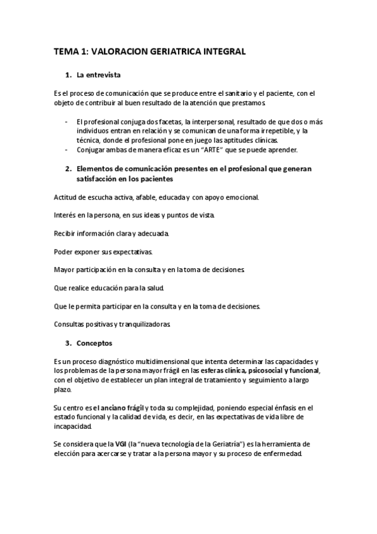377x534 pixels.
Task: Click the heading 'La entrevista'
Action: click(99, 75)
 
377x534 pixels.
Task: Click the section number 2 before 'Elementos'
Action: click(67, 169)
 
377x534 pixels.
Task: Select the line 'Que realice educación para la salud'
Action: click(110, 288)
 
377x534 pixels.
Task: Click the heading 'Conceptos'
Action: click(94, 344)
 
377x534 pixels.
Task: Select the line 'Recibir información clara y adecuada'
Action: click(112, 233)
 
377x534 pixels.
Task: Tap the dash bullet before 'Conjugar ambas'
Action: click(67, 150)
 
